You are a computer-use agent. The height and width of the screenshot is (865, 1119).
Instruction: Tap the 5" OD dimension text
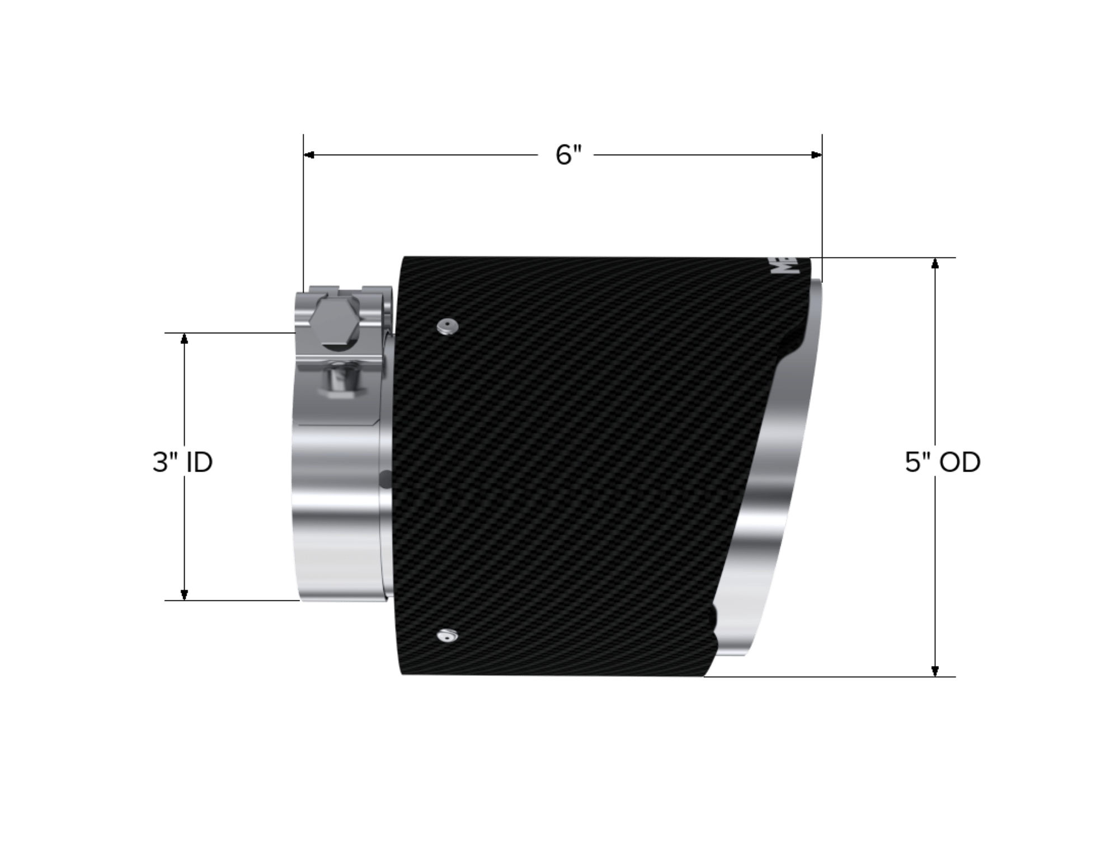click(x=943, y=463)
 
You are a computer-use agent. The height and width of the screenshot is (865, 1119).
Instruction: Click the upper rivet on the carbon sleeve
click(x=446, y=327)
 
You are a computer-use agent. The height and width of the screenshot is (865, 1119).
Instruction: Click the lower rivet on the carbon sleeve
click(x=446, y=635)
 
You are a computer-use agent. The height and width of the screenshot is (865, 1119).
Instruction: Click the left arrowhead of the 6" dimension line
click(x=309, y=155)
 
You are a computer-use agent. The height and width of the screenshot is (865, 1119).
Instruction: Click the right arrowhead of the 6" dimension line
click(x=816, y=155)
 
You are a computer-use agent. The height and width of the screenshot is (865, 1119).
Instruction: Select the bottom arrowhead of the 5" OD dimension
click(x=935, y=671)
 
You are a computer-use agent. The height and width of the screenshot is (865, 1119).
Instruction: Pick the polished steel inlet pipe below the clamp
click(x=336, y=504)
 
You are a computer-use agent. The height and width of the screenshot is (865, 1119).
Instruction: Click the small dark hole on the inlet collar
click(x=385, y=479)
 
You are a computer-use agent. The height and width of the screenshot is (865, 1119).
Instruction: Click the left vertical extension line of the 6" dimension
click(x=303, y=224)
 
